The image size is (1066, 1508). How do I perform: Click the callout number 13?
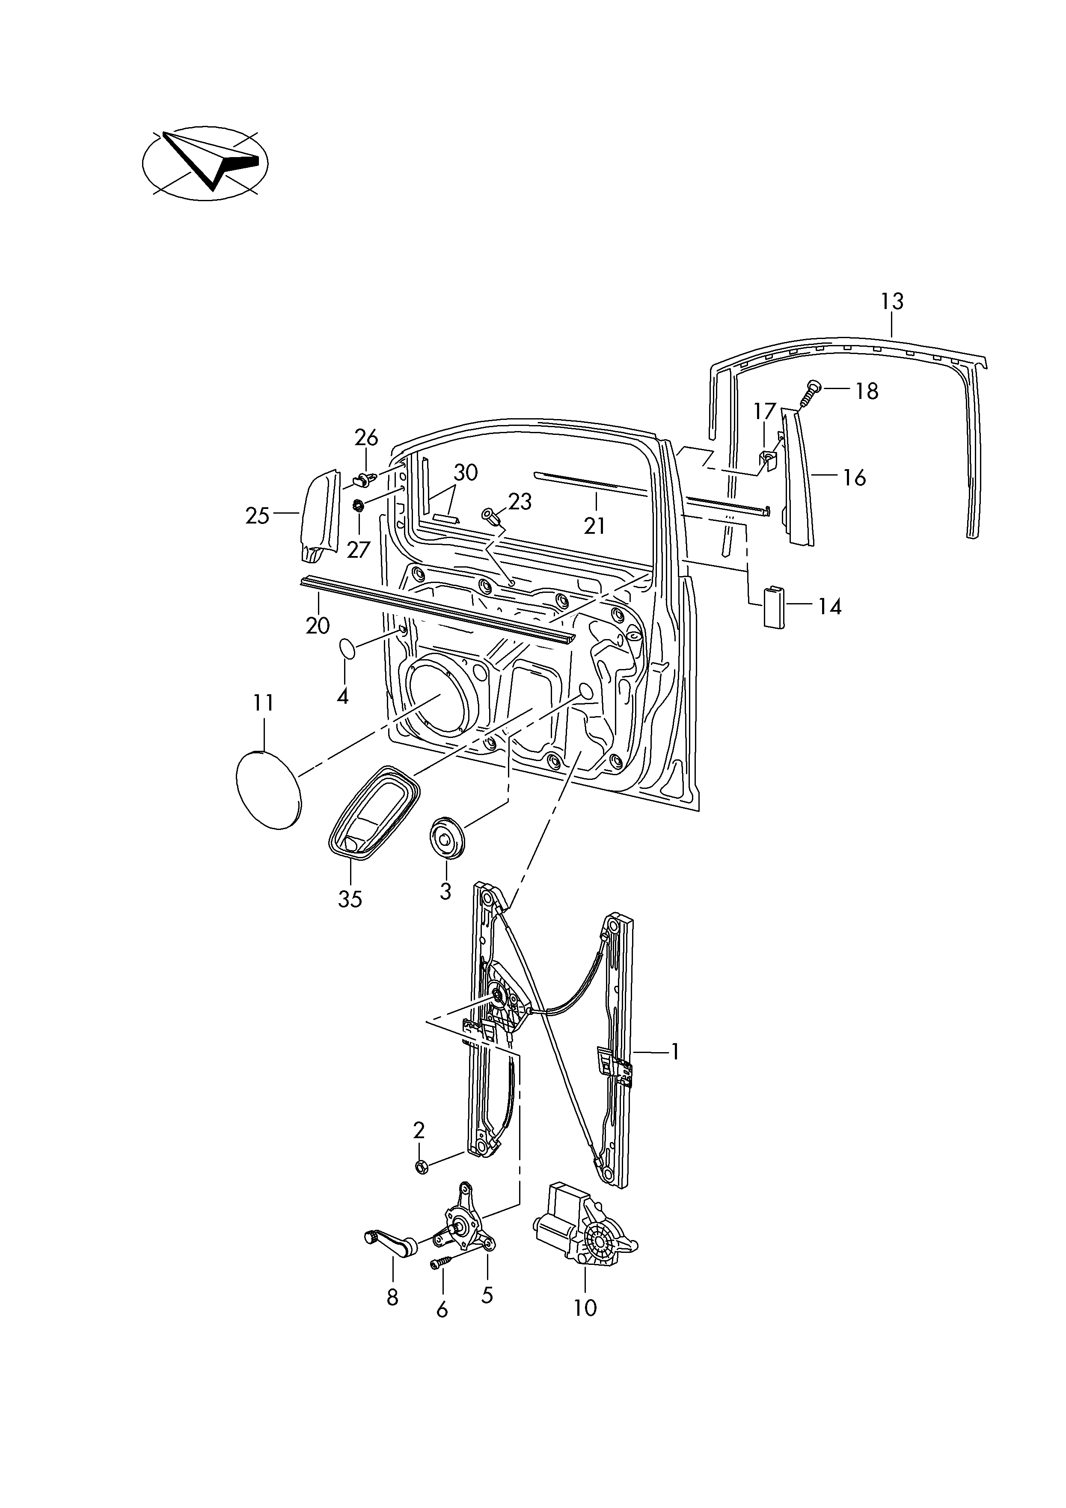pyautogui.click(x=892, y=301)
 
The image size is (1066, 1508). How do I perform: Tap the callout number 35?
pyautogui.click(x=350, y=898)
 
